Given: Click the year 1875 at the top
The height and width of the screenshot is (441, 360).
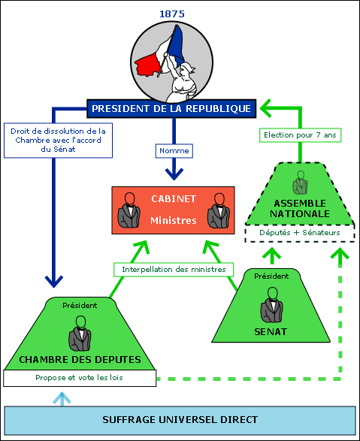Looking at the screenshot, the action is (172, 14).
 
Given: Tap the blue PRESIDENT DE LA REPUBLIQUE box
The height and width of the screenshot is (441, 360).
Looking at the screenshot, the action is (171, 109).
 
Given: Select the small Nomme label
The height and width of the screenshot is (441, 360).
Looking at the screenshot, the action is (174, 151).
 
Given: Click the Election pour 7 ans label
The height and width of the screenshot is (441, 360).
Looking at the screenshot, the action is (300, 135).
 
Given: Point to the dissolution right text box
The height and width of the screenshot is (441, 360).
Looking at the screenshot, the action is (58, 140).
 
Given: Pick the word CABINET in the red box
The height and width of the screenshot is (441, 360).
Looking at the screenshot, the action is (174, 199).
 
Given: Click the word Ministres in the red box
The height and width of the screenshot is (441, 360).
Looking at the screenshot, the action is (174, 221).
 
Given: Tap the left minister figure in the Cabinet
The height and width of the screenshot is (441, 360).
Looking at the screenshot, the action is (129, 210).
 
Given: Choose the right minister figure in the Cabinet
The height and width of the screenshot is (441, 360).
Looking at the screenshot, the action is (219, 210).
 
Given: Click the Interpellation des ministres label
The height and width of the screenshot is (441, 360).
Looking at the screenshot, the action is (174, 270).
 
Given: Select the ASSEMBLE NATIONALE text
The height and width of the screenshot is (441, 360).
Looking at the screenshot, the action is (300, 208).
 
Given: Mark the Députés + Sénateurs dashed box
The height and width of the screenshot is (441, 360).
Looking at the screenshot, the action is (300, 233).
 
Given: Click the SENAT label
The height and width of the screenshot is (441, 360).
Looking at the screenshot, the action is (271, 332).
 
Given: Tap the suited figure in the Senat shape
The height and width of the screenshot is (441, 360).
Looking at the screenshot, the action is (271, 305).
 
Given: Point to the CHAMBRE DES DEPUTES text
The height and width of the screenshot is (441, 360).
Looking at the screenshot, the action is (80, 359).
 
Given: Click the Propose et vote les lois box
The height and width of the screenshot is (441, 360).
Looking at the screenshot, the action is (80, 378).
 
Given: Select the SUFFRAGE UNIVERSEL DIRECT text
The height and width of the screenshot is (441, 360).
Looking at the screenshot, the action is (180, 420).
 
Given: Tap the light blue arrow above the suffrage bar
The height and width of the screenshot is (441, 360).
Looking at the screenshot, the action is (62, 399).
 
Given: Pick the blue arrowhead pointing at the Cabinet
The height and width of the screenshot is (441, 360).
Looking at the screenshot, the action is (174, 174).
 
